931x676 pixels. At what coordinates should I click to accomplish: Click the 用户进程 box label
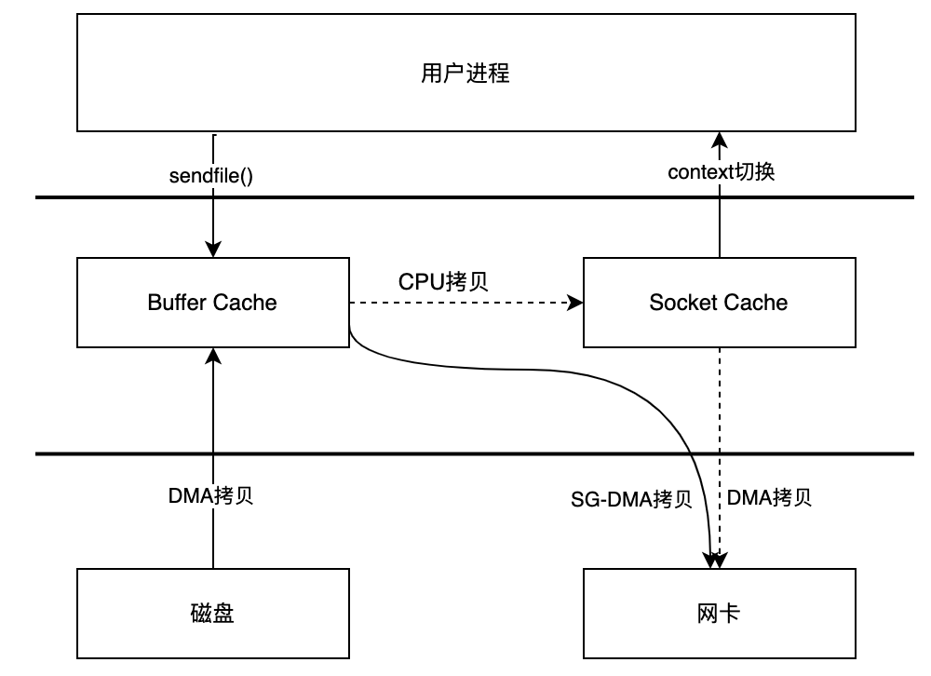point(465,74)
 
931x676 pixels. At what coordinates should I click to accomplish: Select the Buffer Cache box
point(212,302)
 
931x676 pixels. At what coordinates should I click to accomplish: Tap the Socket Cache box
point(719,302)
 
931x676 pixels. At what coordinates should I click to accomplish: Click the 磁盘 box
point(212,614)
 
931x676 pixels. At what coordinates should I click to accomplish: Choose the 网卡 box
point(719,614)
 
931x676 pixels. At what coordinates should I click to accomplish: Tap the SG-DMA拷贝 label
point(631,500)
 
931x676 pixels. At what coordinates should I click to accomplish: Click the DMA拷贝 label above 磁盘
point(211,495)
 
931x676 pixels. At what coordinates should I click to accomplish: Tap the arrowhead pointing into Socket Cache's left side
point(575,303)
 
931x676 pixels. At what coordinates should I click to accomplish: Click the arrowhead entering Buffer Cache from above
point(213,250)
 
